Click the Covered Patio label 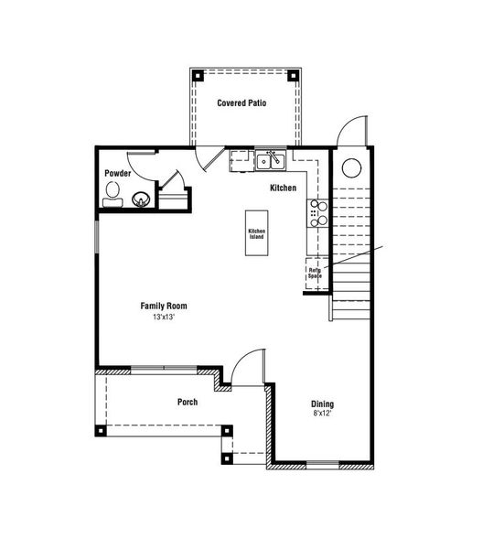pyautogui.click(x=241, y=102)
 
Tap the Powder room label pyautogui.click(x=117, y=173)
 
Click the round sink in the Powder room pyautogui.click(x=142, y=199)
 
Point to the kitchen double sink pyautogui.click(x=271, y=162)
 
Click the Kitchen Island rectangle pyautogui.click(x=256, y=233)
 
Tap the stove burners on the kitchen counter pyautogui.click(x=318, y=212)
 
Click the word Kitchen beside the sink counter pyautogui.click(x=283, y=188)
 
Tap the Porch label pyautogui.click(x=188, y=402)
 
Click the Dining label pyautogui.click(x=322, y=404)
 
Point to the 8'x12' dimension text pyautogui.click(x=322, y=414)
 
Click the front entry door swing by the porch pyautogui.click(x=245, y=368)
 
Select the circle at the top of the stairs pyautogui.click(x=351, y=168)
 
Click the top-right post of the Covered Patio pyautogui.click(x=295, y=74)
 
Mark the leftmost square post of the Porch pyautogui.click(x=101, y=430)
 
